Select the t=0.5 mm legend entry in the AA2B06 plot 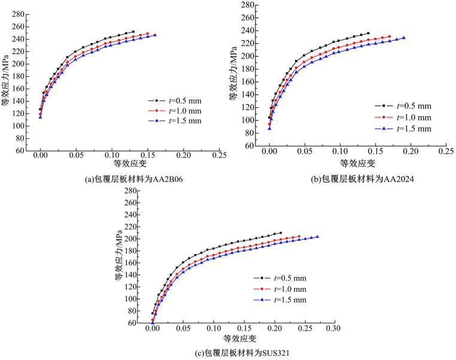tap(180, 100)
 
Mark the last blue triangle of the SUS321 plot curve tap(317, 237)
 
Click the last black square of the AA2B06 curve tap(133, 32)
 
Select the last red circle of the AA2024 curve tap(390, 37)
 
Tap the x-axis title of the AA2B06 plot tap(129, 163)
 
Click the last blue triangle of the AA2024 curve tap(404, 38)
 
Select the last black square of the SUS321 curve tap(281, 233)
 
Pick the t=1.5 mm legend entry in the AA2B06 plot tap(180, 120)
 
